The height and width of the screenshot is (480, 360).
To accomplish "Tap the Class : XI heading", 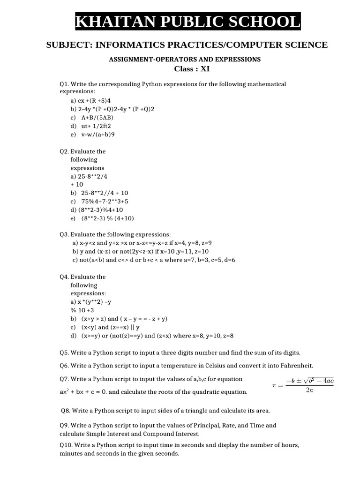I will coord(192,68).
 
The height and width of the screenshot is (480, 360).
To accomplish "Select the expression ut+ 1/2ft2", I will coord(96,126).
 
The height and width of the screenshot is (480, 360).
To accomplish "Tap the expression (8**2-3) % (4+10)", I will coord(107,218).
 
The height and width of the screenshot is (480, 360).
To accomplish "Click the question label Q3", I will coord(65,234).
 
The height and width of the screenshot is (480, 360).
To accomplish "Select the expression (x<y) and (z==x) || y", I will coord(110,327).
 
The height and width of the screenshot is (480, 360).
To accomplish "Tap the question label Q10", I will coord(67,445).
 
